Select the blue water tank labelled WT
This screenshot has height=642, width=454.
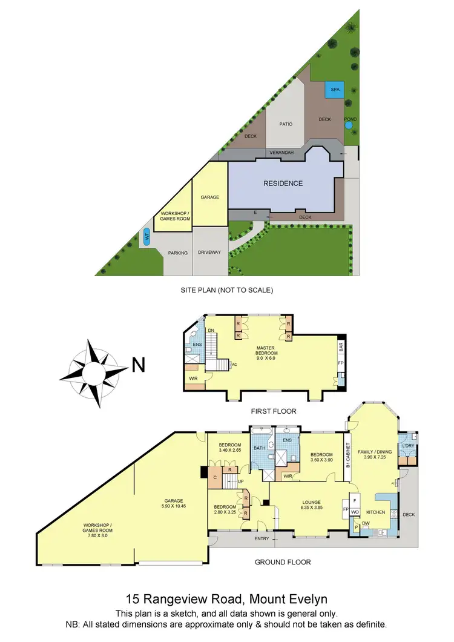pyautogui.click(x=146, y=237)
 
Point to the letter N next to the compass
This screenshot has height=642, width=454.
pyautogui.click(x=139, y=365)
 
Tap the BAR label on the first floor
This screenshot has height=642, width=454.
pyautogui.click(x=341, y=348)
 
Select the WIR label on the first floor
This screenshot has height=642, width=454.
pyautogui.click(x=192, y=379)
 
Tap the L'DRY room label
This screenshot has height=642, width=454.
pyautogui.click(x=407, y=446)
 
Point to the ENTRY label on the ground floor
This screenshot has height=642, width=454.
pyautogui.click(x=262, y=538)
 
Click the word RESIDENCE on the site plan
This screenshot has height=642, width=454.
pyautogui.click(x=283, y=183)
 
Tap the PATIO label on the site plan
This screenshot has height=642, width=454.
pyautogui.click(x=286, y=124)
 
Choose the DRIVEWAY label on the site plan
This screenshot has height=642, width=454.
pyautogui.click(x=209, y=253)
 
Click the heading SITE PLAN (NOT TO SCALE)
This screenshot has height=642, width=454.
pyautogui.click(x=227, y=290)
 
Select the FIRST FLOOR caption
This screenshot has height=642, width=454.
pyautogui.click(x=274, y=411)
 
